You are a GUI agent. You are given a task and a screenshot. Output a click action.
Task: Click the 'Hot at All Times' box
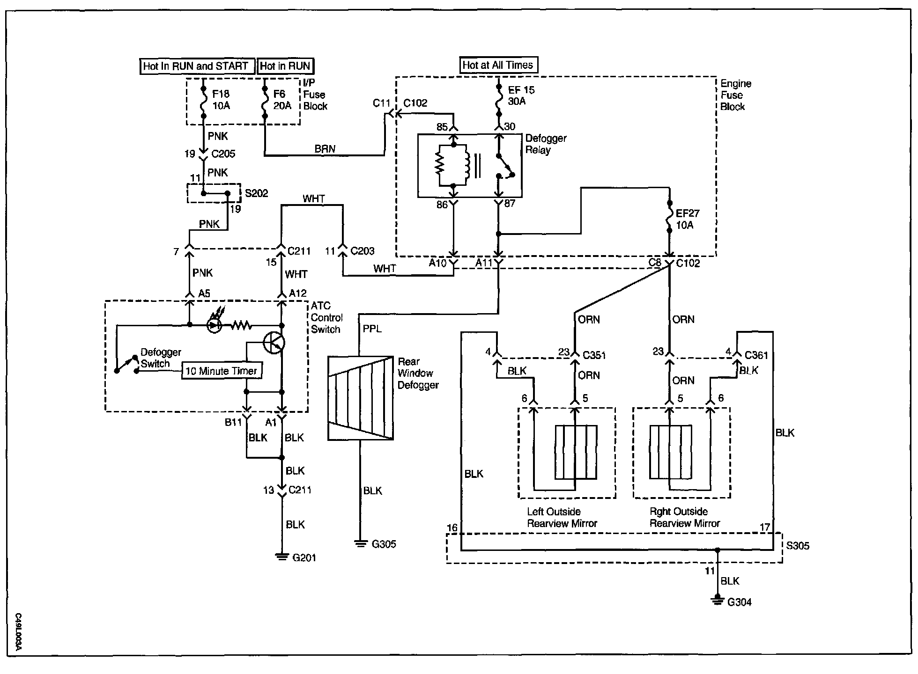(498, 65)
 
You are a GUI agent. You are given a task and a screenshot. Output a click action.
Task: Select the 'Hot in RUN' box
(285, 66)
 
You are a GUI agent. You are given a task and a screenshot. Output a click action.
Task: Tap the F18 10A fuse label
(221, 100)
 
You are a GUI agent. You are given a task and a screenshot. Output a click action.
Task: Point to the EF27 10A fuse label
(687, 219)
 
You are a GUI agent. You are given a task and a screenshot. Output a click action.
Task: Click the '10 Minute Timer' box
(222, 371)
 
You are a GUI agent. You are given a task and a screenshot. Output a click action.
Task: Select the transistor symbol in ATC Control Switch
(274, 343)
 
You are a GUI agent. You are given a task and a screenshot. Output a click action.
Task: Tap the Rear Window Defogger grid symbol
(360, 398)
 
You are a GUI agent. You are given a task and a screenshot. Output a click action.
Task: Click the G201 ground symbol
(281, 557)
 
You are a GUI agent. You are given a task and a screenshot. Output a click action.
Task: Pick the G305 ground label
(384, 544)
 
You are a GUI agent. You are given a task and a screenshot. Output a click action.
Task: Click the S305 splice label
(798, 546)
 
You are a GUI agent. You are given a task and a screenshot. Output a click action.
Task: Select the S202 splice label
(257, 193)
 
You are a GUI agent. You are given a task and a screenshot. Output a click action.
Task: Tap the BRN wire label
(325, 149)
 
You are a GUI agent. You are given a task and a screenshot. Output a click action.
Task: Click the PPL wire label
(372, 329)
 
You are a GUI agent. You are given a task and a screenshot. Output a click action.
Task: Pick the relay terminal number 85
(442, 127)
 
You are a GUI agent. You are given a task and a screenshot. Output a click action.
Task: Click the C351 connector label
(594, 355)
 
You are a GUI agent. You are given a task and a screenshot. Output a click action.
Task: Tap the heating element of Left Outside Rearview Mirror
(576, 452)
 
